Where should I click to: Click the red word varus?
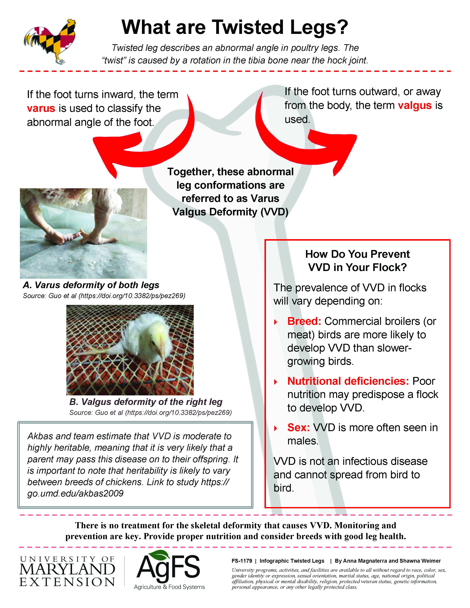[41, 108]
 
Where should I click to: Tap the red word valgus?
[415, 106]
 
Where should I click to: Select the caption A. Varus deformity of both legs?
[91, 285]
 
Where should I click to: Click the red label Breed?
[304, 321]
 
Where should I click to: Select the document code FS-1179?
[242, 561]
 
